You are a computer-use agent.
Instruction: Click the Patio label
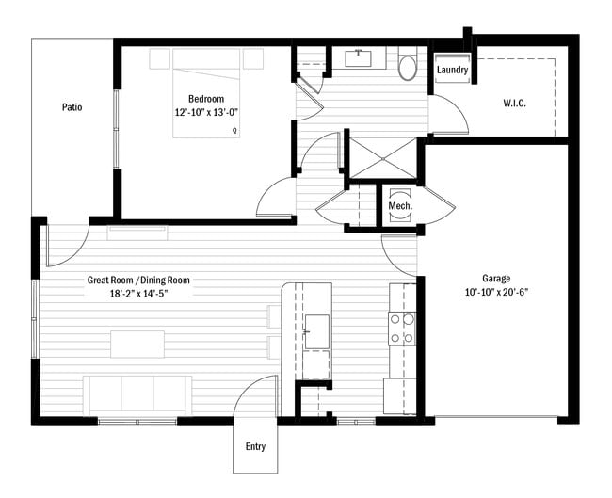72,107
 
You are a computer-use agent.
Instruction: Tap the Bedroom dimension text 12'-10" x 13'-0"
206,113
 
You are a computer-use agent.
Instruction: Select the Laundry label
452,71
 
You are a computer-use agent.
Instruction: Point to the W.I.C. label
514,104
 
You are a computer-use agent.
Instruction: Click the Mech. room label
400,205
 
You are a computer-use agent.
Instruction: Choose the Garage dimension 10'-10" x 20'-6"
496,292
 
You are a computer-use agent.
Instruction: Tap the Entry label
255,446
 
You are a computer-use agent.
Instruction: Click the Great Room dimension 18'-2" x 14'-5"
139,294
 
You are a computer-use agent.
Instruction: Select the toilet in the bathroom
408,64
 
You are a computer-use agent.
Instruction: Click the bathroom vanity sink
360,58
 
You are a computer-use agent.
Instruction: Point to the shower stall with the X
383,158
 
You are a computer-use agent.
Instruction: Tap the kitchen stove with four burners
402,329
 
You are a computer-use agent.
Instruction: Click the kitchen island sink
317,331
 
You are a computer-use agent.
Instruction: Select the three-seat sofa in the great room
137,395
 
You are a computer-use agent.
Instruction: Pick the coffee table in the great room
137,345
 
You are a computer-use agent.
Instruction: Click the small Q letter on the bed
234,131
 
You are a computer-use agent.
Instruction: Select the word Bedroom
206,99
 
